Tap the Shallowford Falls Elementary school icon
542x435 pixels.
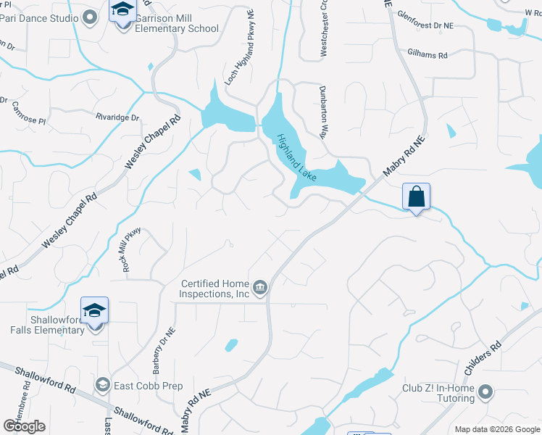pos(95,312)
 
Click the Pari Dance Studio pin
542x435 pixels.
pos(90,17)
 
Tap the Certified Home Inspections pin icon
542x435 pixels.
pos(260,289)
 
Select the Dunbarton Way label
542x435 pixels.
pos(324,110)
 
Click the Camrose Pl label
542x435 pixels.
pos(28,109)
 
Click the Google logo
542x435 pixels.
pos(24,426)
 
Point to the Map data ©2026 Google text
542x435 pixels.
pos(496,429)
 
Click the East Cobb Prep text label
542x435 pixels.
pos(148,386)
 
